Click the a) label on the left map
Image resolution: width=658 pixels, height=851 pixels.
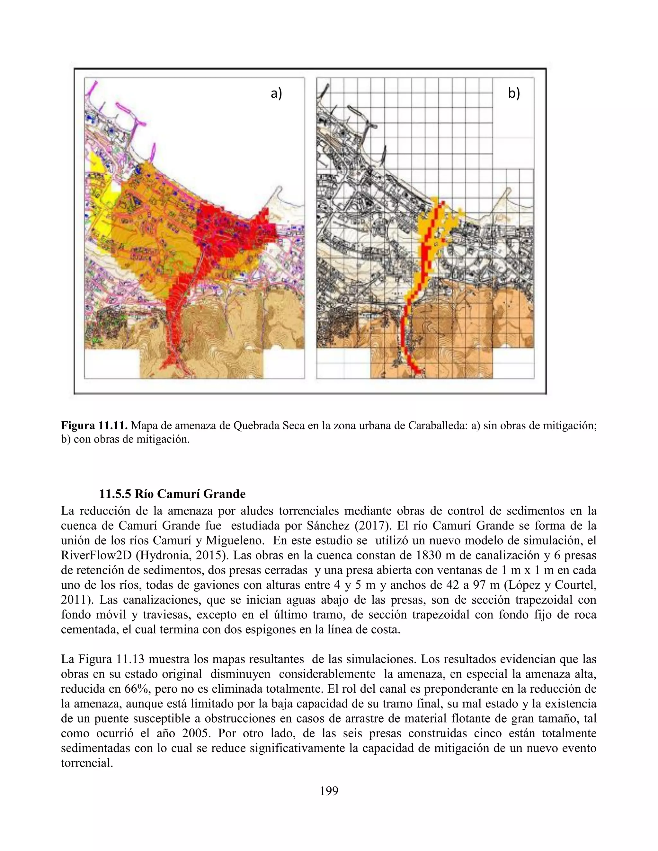coord(276,93)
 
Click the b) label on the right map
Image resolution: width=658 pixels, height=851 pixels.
coord(514,93)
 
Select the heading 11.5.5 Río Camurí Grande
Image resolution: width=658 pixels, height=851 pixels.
coord(172,494)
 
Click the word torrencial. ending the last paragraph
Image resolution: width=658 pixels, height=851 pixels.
coord(87,763)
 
